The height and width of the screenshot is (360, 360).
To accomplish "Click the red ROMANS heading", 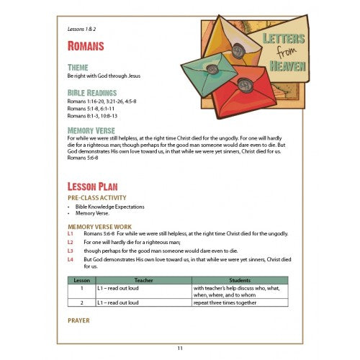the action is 86,46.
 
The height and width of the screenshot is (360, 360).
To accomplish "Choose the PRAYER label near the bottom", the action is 78,320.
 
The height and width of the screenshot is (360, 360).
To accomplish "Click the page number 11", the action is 180,348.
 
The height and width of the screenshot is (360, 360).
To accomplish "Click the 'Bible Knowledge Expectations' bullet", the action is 107,207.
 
